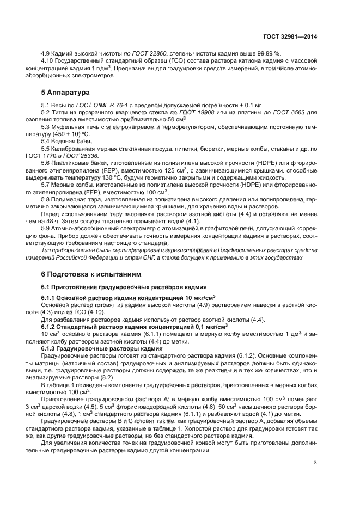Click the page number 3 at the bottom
click(x=315, y=463)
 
